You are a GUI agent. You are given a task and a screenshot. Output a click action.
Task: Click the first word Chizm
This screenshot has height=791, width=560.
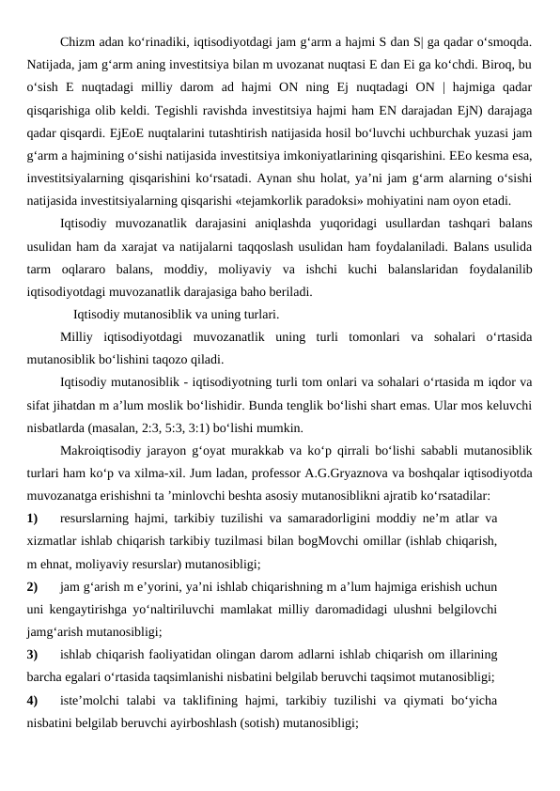coord(78,42)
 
